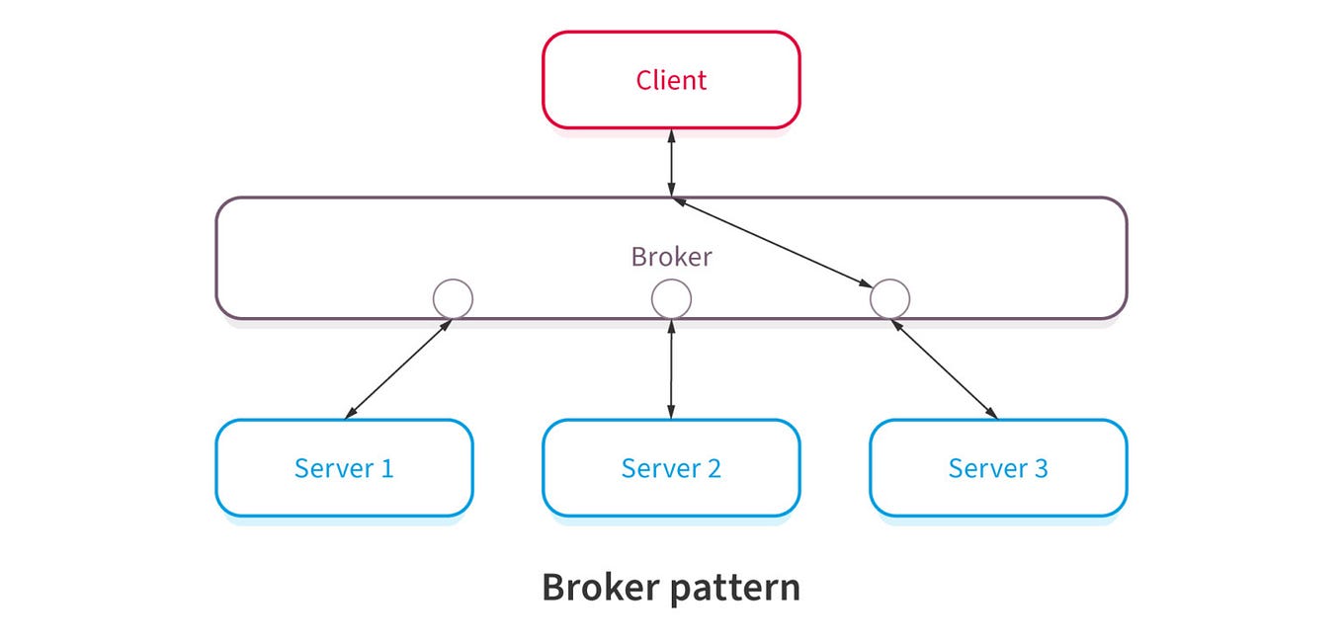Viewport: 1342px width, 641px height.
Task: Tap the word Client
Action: pos(671,80)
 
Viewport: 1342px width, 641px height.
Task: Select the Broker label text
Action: pos(671,257)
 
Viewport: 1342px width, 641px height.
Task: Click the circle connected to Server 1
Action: pos(453,298)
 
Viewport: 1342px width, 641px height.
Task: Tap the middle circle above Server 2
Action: pos(671,298)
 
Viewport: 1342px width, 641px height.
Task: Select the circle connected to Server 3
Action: pos(889,298)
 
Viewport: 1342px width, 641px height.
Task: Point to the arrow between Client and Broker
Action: pos(671,163)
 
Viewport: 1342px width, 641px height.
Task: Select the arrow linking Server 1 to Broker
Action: pos(398,368)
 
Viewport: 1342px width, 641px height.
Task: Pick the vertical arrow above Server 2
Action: pos(671,368)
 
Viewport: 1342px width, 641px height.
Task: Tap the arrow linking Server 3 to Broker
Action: pos(944,368)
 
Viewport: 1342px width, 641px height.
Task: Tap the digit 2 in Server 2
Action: pos(713,468)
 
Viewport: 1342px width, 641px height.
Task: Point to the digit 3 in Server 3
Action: pos(1040,468)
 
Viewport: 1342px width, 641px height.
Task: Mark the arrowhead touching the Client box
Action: pos(671,135)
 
